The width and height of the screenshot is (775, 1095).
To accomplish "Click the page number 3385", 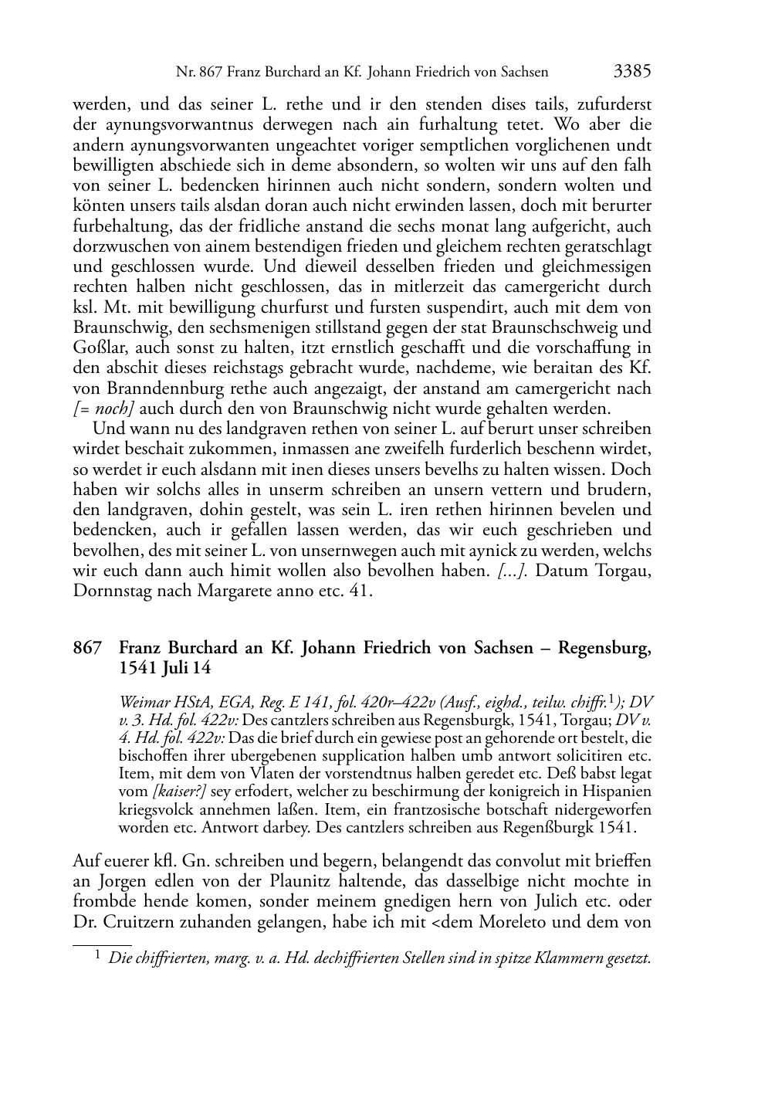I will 632,72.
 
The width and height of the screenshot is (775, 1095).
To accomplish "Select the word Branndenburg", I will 159,388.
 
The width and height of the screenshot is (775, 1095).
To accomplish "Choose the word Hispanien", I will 614,791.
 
